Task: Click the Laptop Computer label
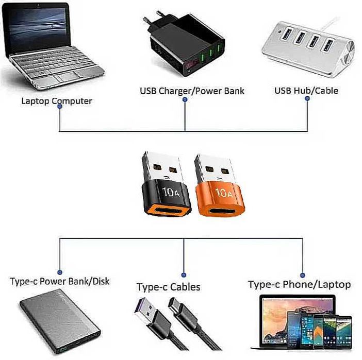pyautogui.click(x=56, y=100)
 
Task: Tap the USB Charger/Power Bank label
pyautogui.click(x=192, y=91)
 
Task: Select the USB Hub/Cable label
pyautogui.click(x=306, y=91)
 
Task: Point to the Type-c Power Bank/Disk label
pyautogui.click(x=60, y=282)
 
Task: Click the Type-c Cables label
pyautogui.click(x=168, y=287)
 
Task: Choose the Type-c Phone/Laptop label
pyautogui.click(x=299, y=284)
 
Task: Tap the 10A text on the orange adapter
pyautogui.click(x=222, y=193)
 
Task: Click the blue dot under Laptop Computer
pyautogui.click(x=60, y=107)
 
